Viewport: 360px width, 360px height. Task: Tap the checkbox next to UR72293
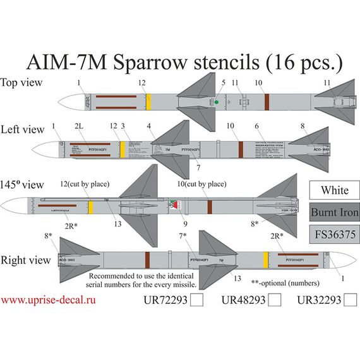click(196, 302)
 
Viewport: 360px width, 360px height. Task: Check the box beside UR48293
click(274, 302)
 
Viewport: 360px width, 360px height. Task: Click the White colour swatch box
click(334, 190)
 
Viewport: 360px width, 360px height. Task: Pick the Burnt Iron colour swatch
click(334, 212)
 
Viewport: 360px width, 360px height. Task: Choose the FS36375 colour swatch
click(334, 233)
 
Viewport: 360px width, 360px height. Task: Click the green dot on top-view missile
click(217, 102)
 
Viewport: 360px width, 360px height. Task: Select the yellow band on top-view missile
click(149, 101)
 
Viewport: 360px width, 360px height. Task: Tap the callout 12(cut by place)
click(86, 184)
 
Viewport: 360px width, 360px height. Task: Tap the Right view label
click(21, 259)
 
